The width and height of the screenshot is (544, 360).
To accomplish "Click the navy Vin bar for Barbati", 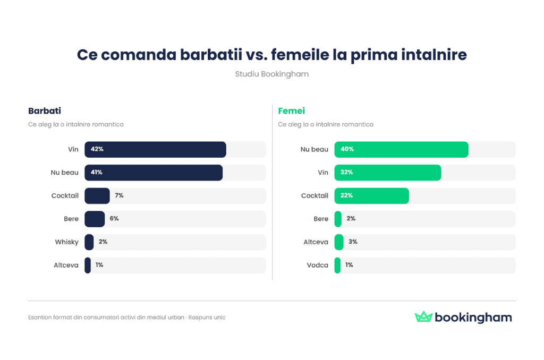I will pyautogui.click(x=155, y=150).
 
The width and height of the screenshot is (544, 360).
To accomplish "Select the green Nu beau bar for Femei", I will pyautogui.click(x=401, y=150).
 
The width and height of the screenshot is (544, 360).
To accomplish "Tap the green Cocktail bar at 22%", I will pyautogui.click(x=371, y=196).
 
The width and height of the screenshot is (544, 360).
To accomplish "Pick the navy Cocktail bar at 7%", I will pyautogui.click(x=97, y=196).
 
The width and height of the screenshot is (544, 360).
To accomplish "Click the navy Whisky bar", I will pyautogui.click(x=89, y=242).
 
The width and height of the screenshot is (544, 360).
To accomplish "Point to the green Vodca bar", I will pyautogui.click(x=337, y=265).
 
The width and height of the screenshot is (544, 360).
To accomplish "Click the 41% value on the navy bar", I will pyautogui.click(x=97, y=173).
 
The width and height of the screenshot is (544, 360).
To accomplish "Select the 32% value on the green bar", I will pyautogui.click(x=346, y=173).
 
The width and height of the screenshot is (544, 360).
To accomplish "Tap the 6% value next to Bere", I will pyautogui.click(x=114, y=219).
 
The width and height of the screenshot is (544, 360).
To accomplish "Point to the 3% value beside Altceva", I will pyautogui.click(x=353, y=242).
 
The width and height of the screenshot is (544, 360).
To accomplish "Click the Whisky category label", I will pyautogui.click(x=66, y=242).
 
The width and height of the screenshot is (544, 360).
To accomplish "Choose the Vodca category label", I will pyautogui.click(x=317, y=265).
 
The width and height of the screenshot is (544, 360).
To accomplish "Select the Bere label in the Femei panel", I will pyautogui.click(x=321, y=219).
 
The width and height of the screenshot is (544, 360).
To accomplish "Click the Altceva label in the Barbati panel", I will pyautogui.click(x=66, y=265).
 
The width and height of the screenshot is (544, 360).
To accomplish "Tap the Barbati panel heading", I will pyautogui.click(x=45, y=111).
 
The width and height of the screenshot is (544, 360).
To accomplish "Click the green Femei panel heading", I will pyautogui.click(x=292, y=111).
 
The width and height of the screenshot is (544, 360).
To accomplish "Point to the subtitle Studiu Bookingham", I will pyautogui.click(x=271, y=74).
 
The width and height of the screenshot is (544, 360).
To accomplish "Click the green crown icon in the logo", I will pyautogui.click(x=423, y=317).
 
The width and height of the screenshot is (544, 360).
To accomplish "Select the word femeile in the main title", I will pyautogui.click(x=301, y=55).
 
